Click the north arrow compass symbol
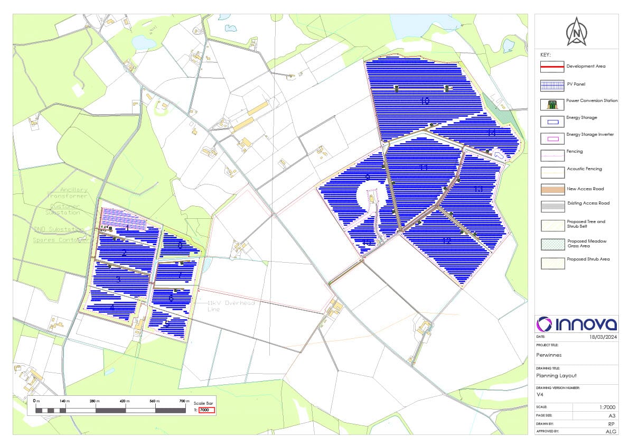click(x=576, y=32)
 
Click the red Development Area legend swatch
click(x=552, y=67)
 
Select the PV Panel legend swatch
click(x=552, y=85)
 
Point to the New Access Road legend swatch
click(x=552, y=189)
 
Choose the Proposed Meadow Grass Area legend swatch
click(x=552, y=244)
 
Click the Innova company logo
click(x=576, y=324)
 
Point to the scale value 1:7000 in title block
click(x=605, y=407)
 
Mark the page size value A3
click(x=611, y=415)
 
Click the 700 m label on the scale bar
click(x=184, y=401)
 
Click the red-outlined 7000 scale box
click(x=206, y=410)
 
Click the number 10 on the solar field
click(x=425, y=101)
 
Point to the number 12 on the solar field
click(x=447, y=241)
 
